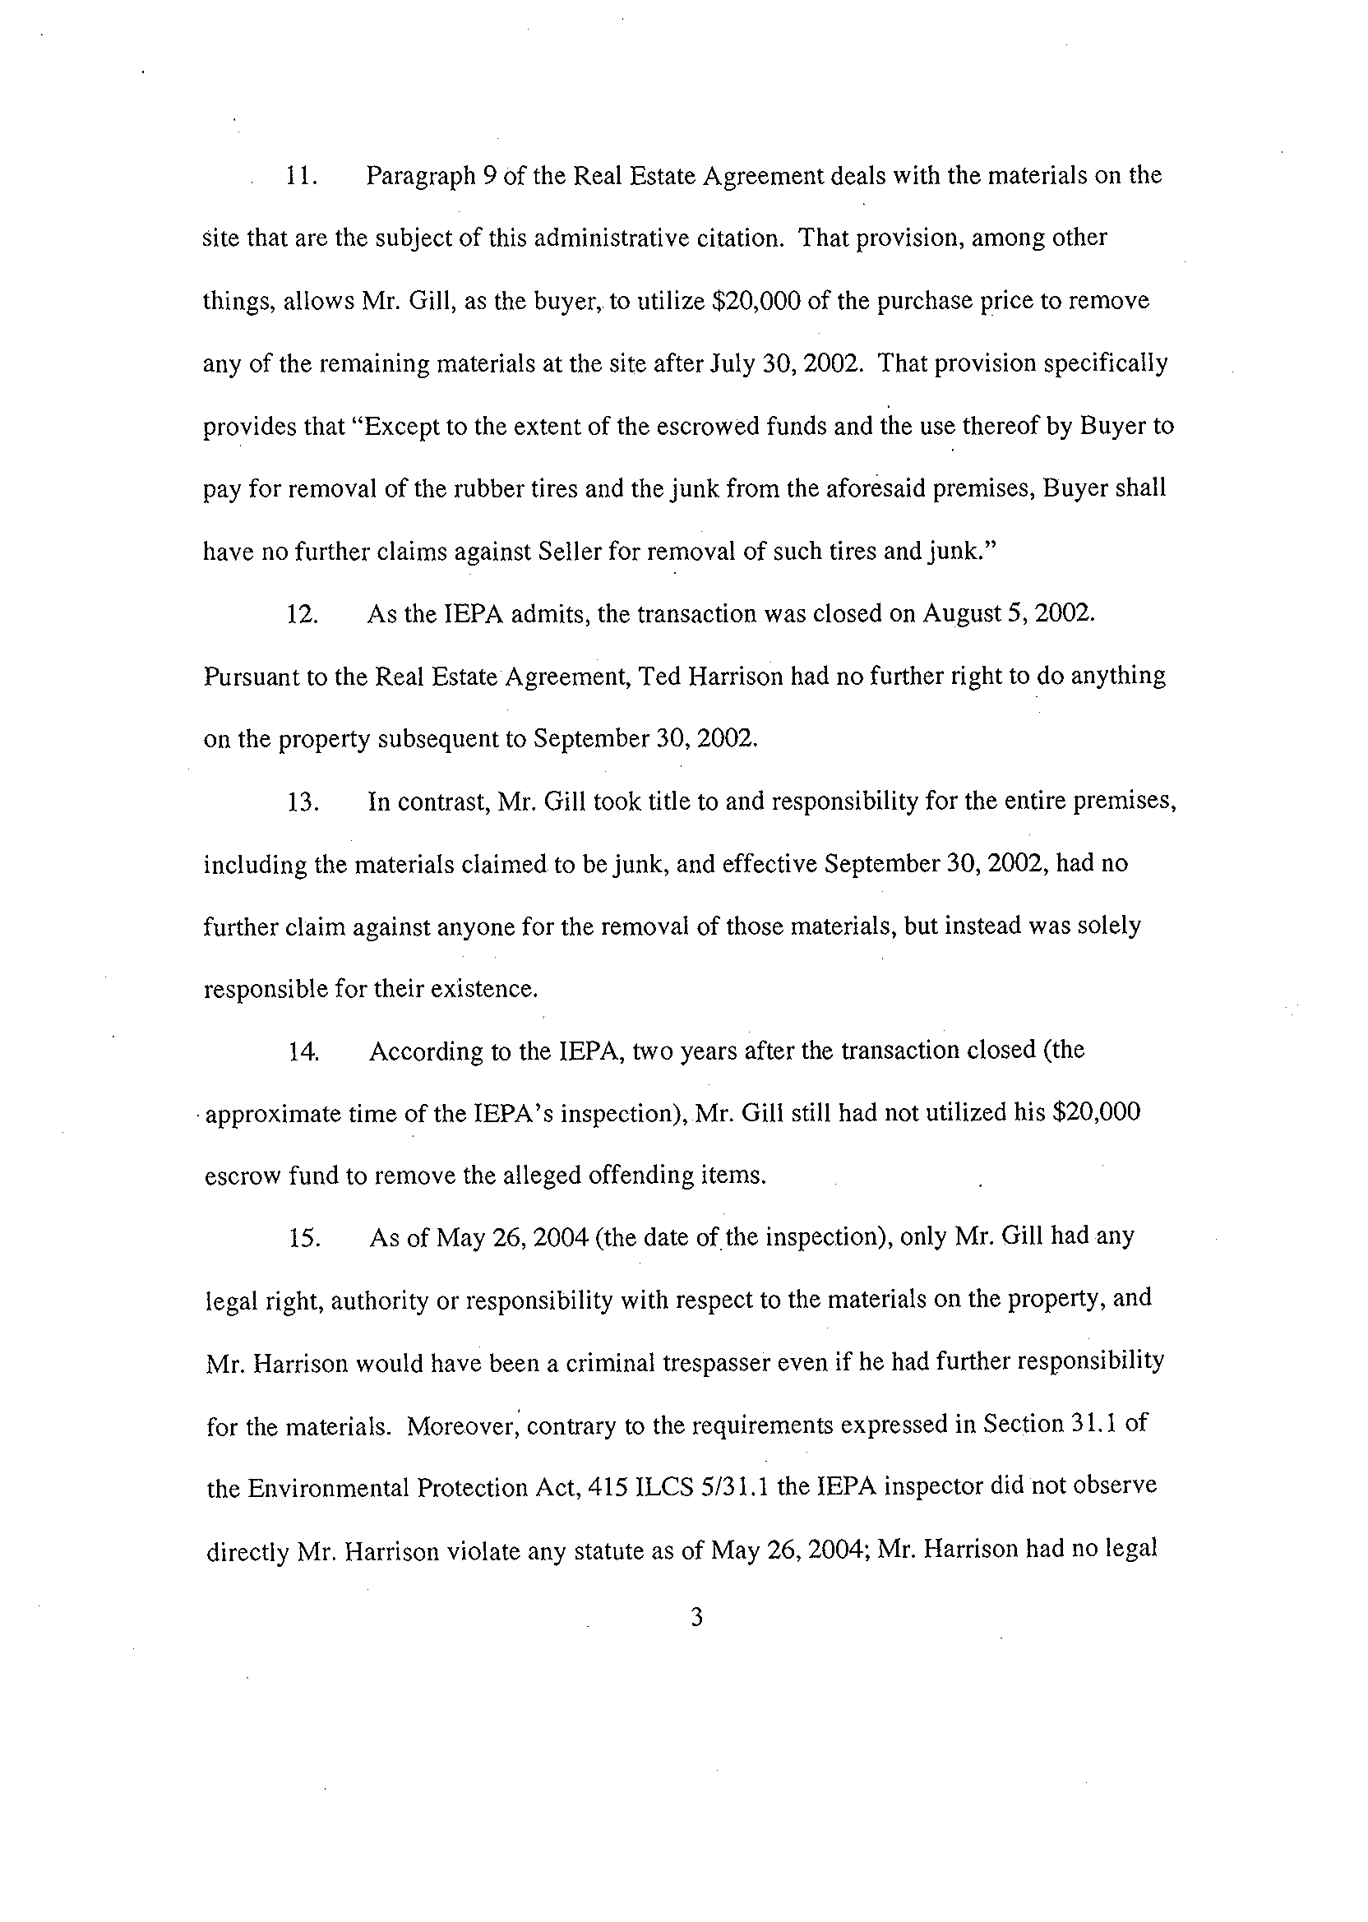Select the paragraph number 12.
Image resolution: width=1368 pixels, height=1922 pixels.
pyautogui.click(x=303, y=615)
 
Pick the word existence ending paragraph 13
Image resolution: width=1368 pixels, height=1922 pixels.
pyautogui.click(x=483, y=989)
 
